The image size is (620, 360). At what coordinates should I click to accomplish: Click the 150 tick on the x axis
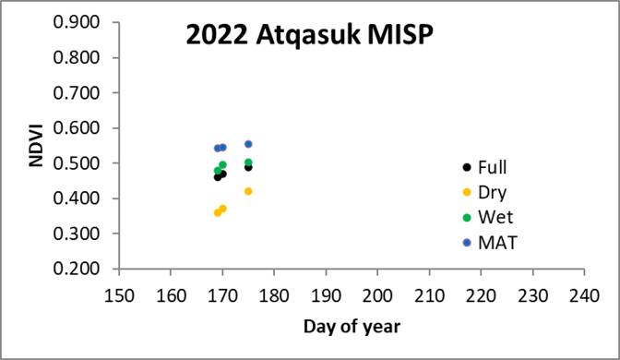click(x=118, y=294)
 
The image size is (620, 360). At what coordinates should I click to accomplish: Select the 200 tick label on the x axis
click(x=377, y=294)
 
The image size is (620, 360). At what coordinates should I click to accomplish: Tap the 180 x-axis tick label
click(x=274, y=294)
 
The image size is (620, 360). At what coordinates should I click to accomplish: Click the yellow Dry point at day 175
click(x=248, y=191)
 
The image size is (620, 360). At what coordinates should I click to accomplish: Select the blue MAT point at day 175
click(x=248, y=144)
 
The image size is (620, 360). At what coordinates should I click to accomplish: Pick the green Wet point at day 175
click(x=248, y=162)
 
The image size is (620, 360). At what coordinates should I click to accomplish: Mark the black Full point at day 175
click(x=248, y=167)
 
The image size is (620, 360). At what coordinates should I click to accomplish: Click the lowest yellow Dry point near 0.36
click(x=218, y=212)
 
